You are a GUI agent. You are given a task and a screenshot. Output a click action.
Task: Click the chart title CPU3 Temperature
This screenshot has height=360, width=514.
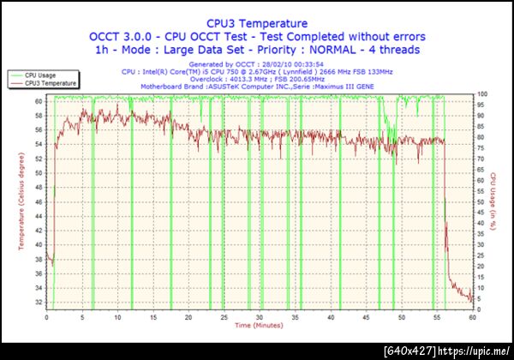click(x=257, y=23)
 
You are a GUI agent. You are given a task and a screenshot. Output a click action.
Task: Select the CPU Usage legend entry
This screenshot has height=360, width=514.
click(x=41, y=76)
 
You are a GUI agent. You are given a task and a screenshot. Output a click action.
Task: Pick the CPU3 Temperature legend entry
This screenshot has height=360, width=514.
click(x=50, y=83)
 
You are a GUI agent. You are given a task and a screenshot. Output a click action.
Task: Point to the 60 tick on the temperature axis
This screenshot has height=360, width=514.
click(x=39, y=100)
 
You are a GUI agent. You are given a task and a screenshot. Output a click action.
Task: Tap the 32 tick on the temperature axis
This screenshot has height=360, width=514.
click(x=39, y=302)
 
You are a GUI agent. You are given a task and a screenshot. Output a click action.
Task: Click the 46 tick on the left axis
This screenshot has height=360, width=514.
click(x=39, y=201)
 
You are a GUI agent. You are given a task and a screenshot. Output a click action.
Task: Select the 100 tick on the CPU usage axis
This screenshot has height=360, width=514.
click(x=483, y=93)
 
